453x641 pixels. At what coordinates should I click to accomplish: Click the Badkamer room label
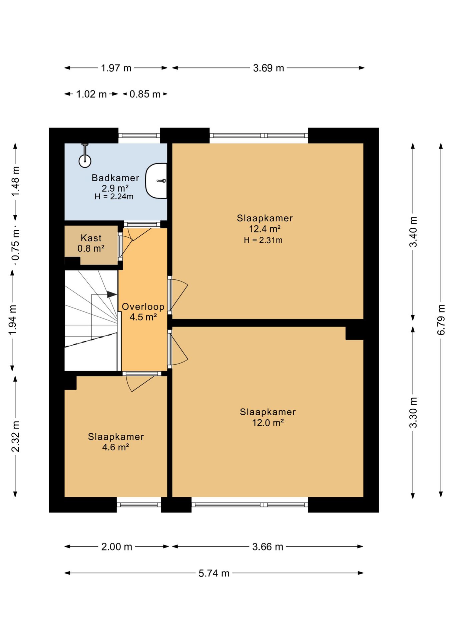coord(115,178)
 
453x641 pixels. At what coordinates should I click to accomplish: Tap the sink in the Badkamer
coord(156,181)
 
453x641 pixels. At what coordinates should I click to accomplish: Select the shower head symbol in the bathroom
coord(85,157)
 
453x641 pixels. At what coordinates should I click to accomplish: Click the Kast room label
coord(91,238)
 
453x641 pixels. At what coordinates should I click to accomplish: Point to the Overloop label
coord(143,306)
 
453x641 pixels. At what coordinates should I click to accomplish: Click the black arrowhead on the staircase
coord(112,294)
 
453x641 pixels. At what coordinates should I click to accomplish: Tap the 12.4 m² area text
coord(265,229)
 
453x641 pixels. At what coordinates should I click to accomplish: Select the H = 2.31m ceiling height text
coord(263,240)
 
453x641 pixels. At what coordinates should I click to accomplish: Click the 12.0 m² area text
coord(268,423)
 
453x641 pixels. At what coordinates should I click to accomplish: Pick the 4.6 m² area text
coord(115,447)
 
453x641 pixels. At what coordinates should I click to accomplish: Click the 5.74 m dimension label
coord(214,573)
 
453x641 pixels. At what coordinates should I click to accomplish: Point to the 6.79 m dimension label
coord(441,319)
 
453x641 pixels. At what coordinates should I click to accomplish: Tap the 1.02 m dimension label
coord(91,94)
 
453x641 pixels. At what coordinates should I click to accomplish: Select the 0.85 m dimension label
coord(145,94)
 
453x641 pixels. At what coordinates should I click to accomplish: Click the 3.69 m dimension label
coord(269,68)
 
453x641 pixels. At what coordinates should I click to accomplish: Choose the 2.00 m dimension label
coord(117,547)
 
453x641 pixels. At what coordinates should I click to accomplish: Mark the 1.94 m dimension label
coord(12,320)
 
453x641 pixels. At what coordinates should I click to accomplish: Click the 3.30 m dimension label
coord(413,413)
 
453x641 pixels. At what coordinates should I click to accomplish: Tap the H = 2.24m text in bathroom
coord(114,197)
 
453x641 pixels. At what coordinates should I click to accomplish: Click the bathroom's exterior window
coord(139,136)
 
